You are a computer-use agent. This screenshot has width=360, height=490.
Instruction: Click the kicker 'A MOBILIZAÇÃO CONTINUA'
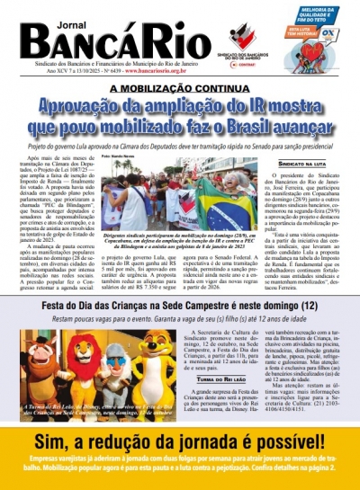(180, 88)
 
